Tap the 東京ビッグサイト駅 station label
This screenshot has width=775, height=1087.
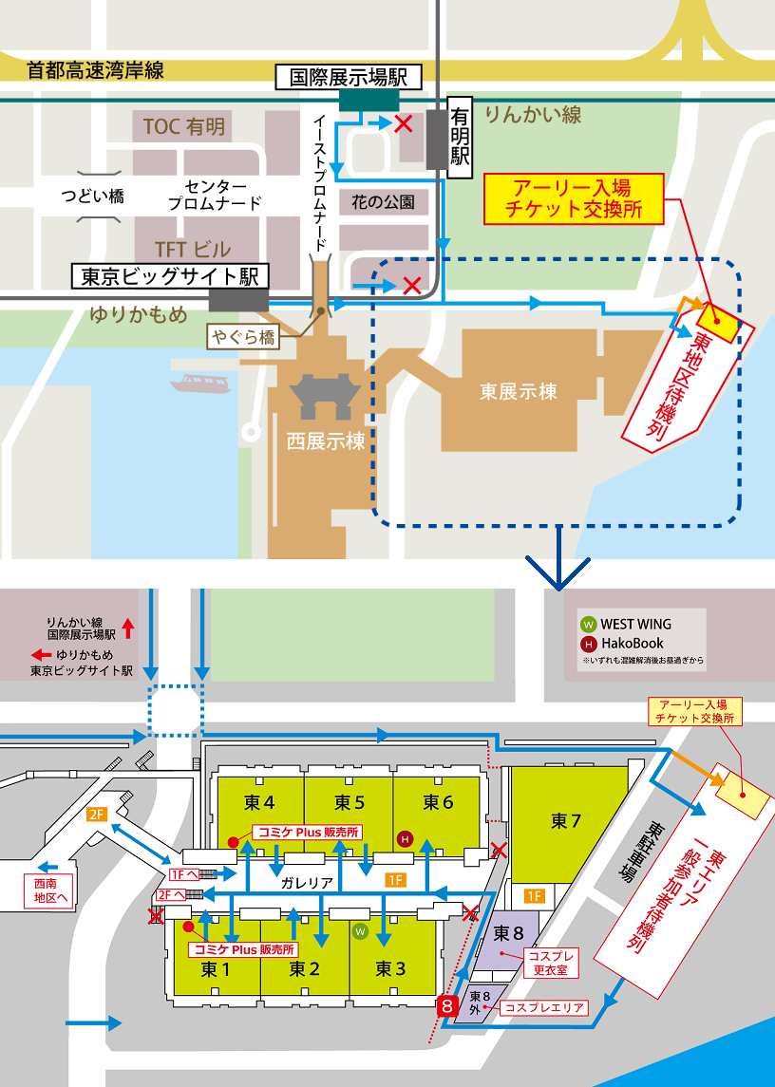point(171,276)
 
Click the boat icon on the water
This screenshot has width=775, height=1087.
point(200,383)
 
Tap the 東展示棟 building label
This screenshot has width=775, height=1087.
point(518,390)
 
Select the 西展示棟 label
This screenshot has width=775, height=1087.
point(326,441)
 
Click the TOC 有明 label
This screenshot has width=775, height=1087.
point(184,126)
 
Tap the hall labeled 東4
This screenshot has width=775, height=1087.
point(259,802)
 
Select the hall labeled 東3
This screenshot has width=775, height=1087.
point(390,968)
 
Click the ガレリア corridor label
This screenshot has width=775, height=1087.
point(306,882)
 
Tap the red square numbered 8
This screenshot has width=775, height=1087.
point(444,1007)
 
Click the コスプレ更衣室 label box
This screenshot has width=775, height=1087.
point(550,963)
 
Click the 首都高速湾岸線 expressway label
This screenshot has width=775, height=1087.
point(95,69)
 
